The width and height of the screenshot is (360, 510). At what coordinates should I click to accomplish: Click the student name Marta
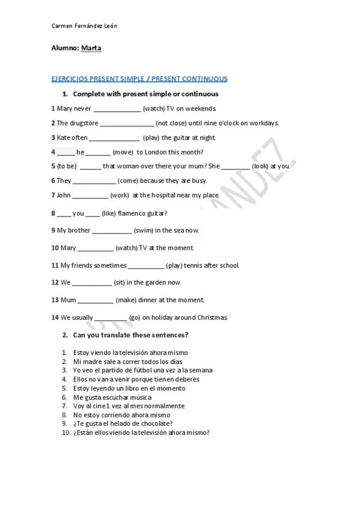[x=91, y=49]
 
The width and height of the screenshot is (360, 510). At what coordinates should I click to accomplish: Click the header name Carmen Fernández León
[x=84, y=26]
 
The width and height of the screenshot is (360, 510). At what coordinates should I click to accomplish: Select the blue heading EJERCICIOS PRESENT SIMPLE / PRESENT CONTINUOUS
[x=139, y=79]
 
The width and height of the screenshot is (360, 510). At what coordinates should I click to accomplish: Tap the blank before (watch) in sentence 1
[x=117, y=109]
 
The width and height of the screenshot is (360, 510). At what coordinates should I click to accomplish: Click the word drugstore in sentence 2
[x=84, y=123]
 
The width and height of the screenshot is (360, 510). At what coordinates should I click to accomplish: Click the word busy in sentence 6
[x=199, y=180]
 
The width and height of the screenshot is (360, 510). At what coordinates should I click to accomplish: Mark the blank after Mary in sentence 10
[x=96, y=248]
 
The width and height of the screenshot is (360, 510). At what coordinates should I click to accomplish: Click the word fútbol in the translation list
[x=138, y=370]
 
